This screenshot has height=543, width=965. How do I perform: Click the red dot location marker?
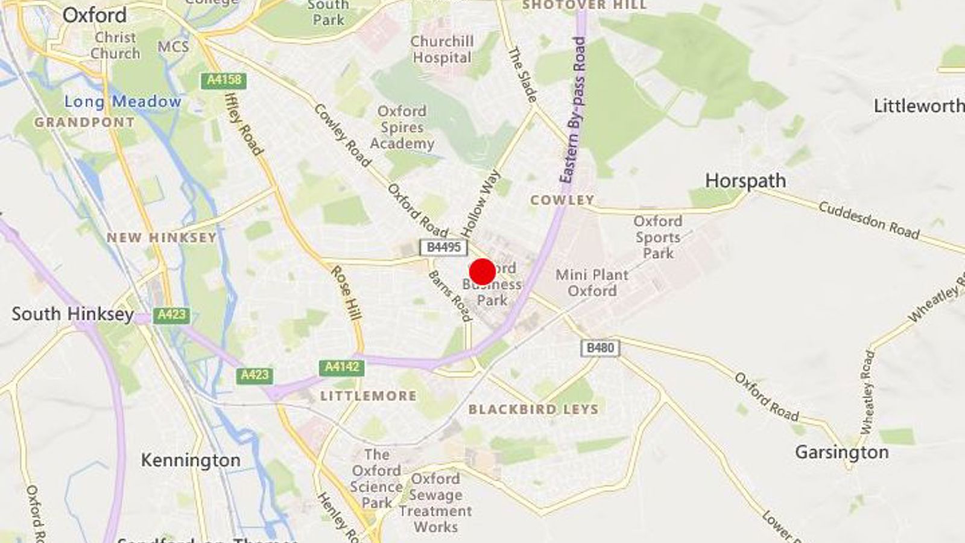pos(482,271)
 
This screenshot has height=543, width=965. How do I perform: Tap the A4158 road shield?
pos(224,80)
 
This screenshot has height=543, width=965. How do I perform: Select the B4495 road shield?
pos(443,247)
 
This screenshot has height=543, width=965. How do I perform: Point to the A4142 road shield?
pos(341,367)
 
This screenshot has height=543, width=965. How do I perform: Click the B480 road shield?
pos(600,348)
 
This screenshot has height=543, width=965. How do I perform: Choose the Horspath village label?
pos(745,180)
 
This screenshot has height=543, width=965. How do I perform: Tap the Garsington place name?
pos(841,452)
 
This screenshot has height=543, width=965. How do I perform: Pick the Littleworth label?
pos(919,106)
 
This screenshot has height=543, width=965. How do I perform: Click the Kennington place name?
pos(191,460)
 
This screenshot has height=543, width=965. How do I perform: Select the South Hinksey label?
pos(73,314)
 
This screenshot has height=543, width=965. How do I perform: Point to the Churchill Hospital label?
pos(441,49)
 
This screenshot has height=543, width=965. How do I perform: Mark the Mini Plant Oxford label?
pos(592,282)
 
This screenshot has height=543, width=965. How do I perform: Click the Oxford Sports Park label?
pos(657,237)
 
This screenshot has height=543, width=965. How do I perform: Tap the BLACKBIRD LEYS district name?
pos(534,409)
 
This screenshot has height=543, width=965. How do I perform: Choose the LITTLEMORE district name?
pos(368,396)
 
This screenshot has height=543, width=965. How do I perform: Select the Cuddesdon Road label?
pos(868,220)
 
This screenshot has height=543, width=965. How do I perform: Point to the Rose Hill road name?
pos(346,293)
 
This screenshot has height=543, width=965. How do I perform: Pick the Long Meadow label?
pos(122,101)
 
